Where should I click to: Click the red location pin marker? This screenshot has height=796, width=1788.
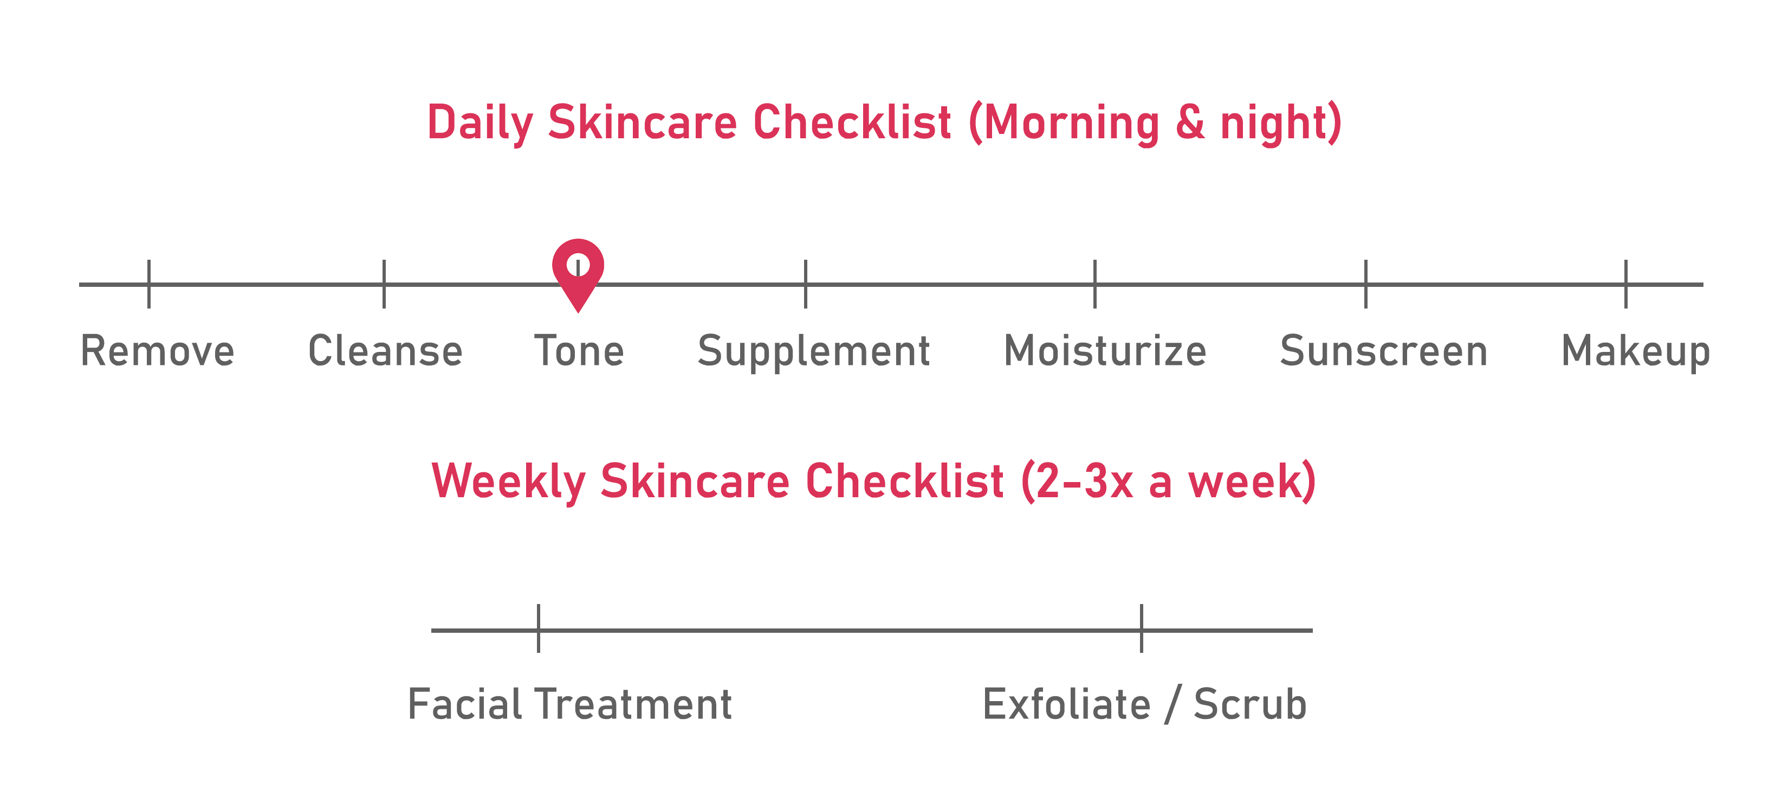click(578, 274)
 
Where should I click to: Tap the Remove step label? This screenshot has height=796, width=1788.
click(158, 351)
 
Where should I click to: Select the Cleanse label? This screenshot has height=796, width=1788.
click(385, 351)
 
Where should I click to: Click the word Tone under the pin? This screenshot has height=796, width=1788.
click(579, 351)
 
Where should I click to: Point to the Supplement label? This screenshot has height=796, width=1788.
click(813, 352)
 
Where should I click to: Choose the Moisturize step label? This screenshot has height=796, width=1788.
click(1105, 351)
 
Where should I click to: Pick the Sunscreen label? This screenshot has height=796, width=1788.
click(1383, 351)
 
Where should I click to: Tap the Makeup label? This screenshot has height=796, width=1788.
click(1635, 352)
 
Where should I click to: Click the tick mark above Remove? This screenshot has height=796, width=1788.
click(149, 284)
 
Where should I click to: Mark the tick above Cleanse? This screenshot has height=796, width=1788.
click(384, 284)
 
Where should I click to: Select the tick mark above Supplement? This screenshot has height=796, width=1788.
click(805, 284)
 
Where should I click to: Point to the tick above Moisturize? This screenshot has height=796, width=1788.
click(1094, 284)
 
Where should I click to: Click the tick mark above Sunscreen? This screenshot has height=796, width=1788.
click(1365, 284)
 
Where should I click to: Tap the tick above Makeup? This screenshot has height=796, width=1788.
click(1625, 284)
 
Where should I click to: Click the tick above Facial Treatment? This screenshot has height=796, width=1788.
click(538, 628)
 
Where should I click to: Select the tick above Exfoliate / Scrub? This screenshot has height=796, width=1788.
click(1141, 628)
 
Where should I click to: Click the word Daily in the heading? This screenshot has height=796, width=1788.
click(480, 124)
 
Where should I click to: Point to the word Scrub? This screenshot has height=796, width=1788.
click(1250, 704)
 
